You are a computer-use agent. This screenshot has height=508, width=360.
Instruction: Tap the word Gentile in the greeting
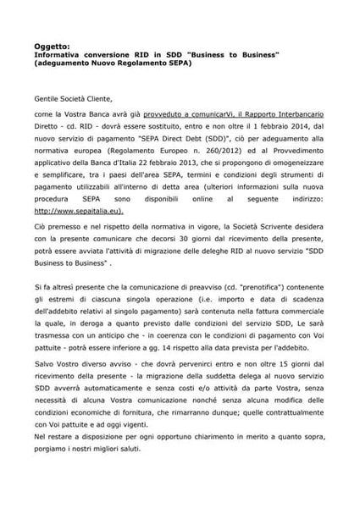click(48, 98)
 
